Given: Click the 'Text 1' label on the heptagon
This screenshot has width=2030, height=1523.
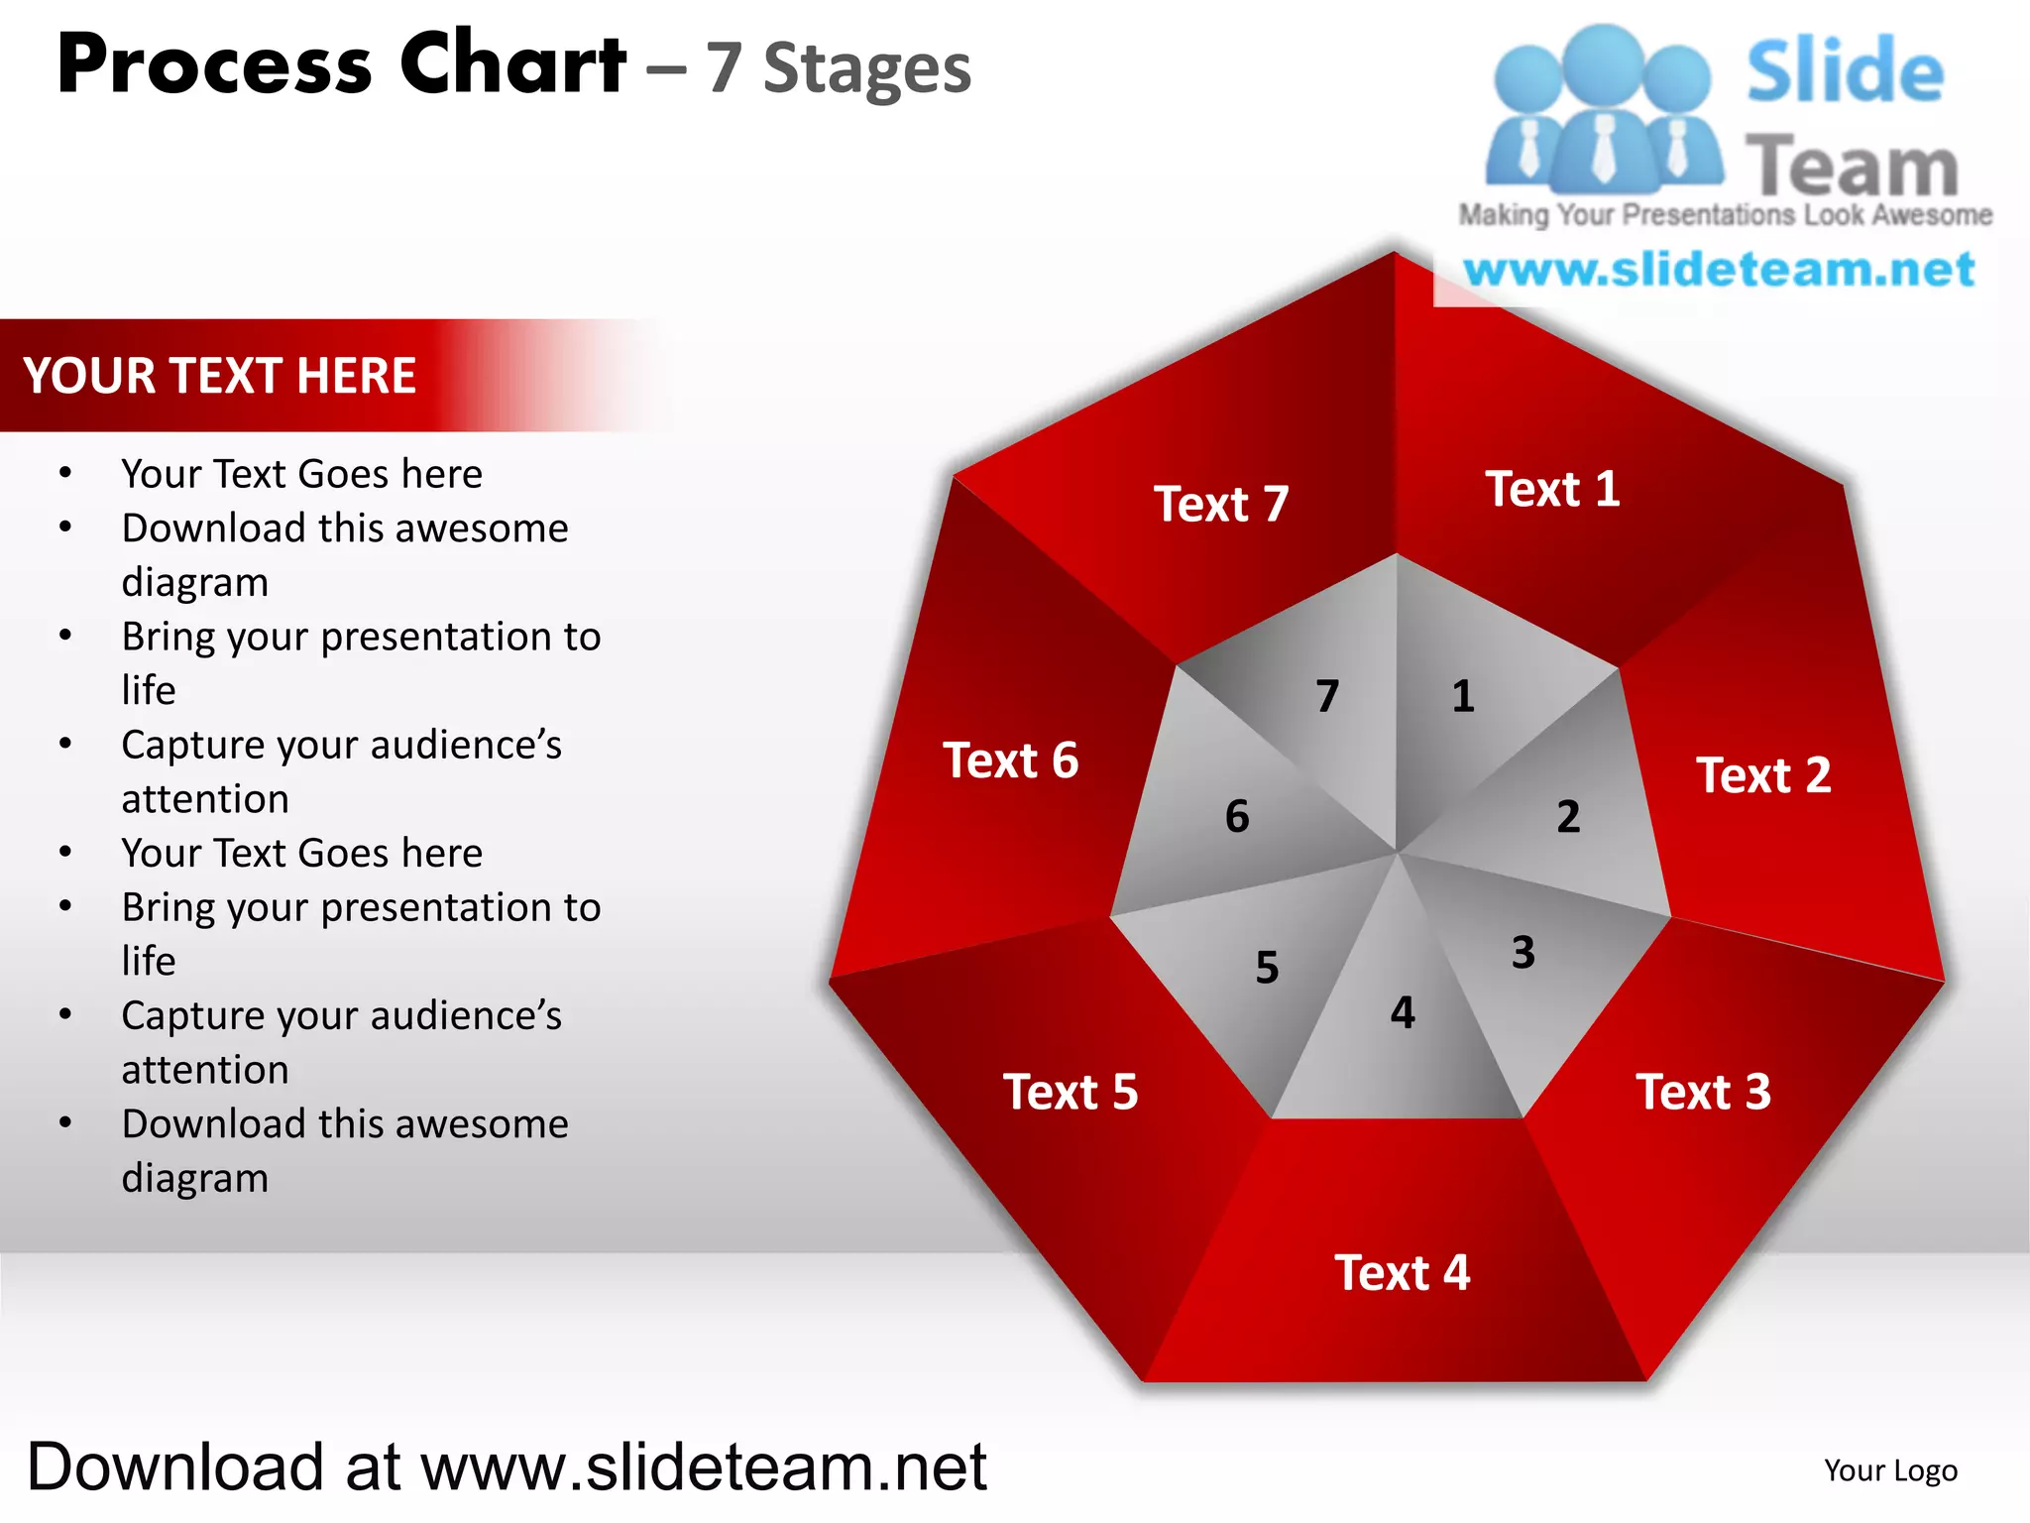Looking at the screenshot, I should tap(1552, 489).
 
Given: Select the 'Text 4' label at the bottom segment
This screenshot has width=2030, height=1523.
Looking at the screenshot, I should tap(1402, 1272).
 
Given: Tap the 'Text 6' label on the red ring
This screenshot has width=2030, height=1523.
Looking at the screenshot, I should tap(1010, 761).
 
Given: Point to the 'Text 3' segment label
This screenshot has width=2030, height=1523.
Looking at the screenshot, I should tap(1703, 1092).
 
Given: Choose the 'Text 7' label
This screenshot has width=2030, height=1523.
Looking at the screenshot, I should tap(1221, 504).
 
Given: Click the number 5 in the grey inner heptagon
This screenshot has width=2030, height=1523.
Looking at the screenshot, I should tap(1267, 967).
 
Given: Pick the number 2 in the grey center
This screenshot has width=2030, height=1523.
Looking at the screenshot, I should tap(1568, 816).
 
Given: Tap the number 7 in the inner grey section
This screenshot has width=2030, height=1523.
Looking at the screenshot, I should tap(1327, 695).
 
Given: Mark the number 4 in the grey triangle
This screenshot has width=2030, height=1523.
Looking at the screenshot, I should tap(1403, 1012).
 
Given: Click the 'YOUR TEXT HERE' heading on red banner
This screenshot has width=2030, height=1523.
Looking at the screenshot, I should tap(220, 376).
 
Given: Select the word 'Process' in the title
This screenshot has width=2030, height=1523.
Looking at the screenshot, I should tap(214, 65).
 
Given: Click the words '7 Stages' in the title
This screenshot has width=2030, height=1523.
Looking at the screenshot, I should tap(839, 68).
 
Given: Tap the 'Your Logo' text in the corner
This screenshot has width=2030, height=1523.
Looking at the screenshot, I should tap(1890, 1470).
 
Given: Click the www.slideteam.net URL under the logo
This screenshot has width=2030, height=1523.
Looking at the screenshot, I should tap(1719, 270).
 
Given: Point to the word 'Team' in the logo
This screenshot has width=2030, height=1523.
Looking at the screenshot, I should tap(1852, 166).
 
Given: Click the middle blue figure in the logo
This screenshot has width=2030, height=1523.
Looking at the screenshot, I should tap(1604, 109).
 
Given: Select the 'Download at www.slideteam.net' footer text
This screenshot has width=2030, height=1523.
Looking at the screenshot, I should tap(507, 1467).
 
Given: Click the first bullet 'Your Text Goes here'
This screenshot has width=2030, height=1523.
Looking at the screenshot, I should tap(301, 474).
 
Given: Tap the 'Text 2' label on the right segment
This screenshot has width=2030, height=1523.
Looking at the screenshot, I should tap(1763, 774).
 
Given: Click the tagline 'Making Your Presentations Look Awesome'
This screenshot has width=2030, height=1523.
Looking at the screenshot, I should tap(1725, 215).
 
